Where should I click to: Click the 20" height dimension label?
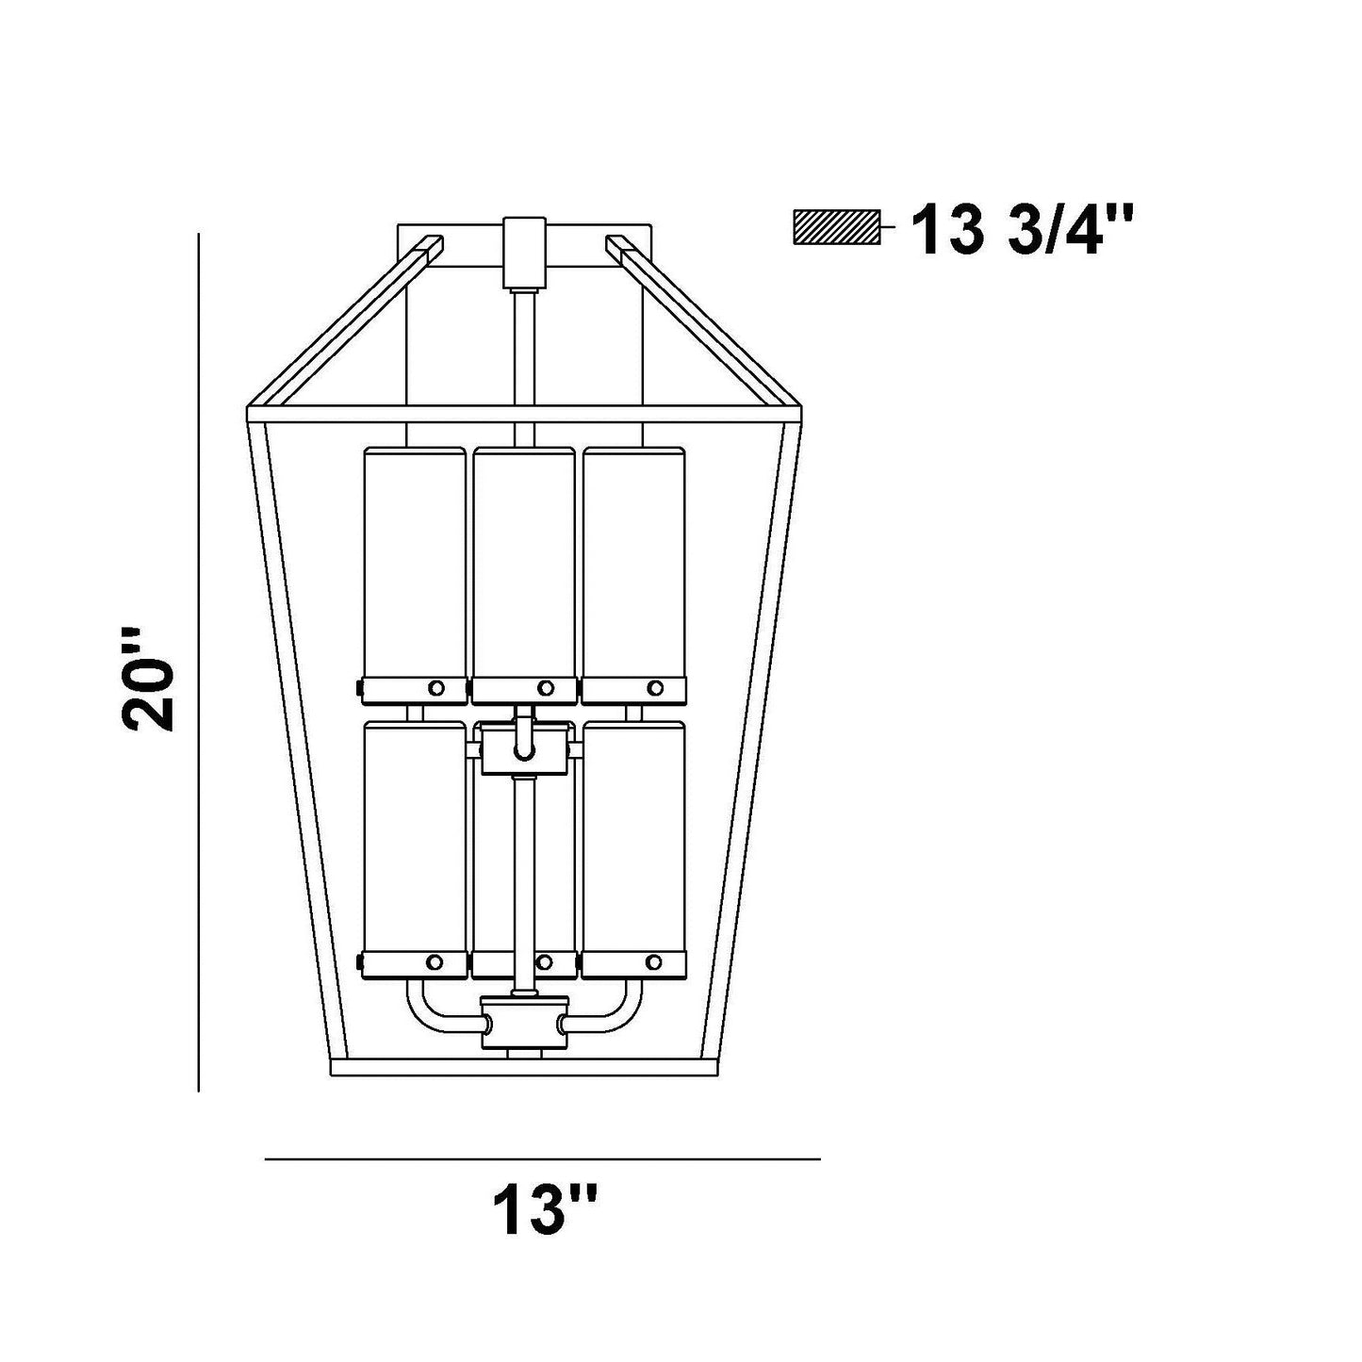(x=148, y=679)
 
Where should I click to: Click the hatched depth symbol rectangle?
(x=837, y=227)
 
